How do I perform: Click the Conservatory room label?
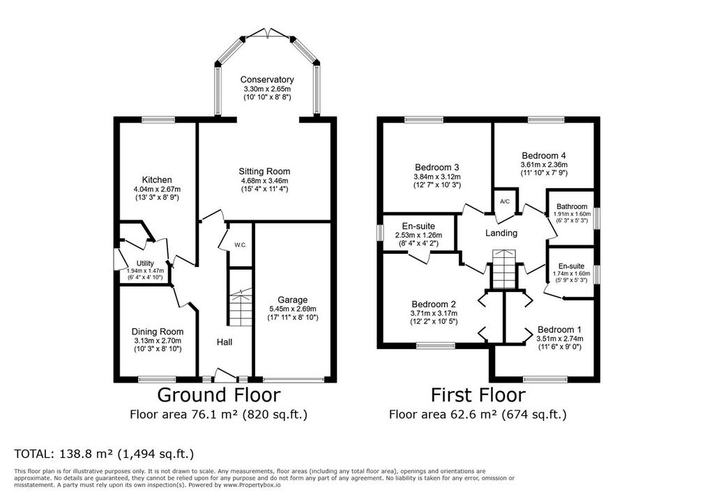coord(267,79)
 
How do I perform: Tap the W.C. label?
coord(241,245)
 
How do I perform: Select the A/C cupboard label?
coord(505,201)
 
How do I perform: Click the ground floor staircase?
coord(240,307)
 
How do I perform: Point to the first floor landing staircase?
coord(503,269)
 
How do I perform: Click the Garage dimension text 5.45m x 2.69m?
coord(292,309)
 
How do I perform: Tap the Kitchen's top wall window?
coord(158,120)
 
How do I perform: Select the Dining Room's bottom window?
coord(157,379)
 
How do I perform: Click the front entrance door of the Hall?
coord(225,376)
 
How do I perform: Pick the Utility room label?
coord(145,263)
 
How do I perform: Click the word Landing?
coord(501,233)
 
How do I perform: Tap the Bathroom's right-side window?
coord(597,216)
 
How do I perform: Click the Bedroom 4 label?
coord(544,155)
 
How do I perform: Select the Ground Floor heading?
coord(218,394)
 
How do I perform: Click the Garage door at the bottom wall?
coord(294,379)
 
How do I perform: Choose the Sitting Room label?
coord(264,171)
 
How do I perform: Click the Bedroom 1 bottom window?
coord(545,379)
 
